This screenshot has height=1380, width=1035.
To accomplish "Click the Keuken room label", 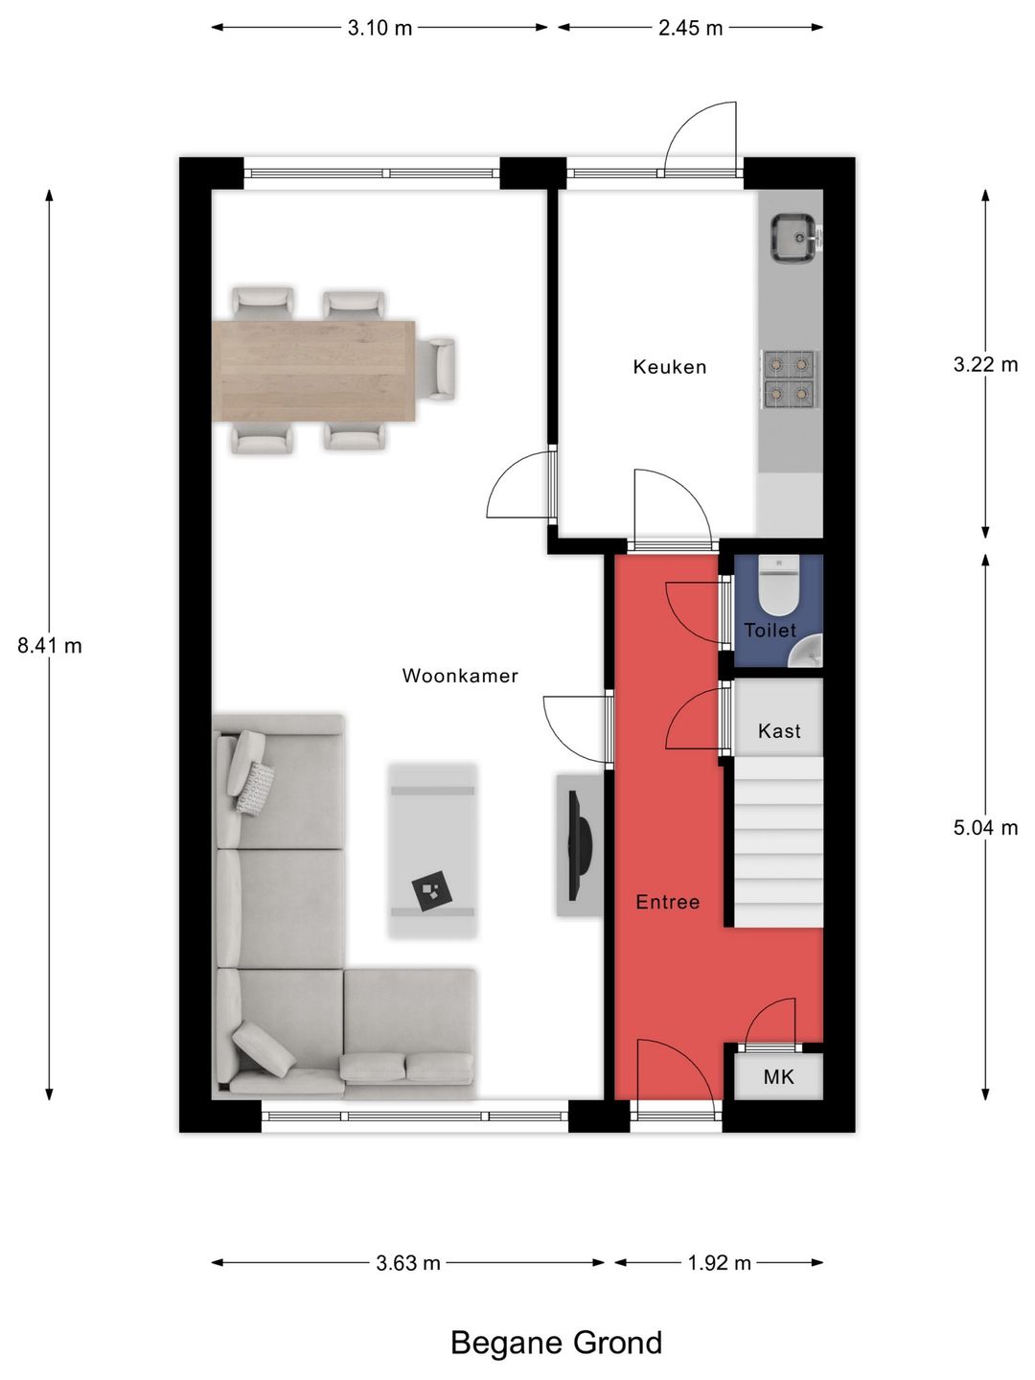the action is (669, 366).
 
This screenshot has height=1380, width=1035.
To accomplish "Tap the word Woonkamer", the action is (460, 676).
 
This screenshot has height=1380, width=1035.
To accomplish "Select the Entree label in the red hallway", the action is (667, 902).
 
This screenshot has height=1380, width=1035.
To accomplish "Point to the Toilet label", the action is (770, 630).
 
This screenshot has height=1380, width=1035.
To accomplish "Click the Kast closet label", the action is (779, 730).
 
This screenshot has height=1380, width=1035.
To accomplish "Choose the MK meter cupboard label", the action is (778, 1077).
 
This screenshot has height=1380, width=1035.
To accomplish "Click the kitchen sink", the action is (796, 237).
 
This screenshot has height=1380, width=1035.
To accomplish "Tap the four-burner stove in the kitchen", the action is (790, 379).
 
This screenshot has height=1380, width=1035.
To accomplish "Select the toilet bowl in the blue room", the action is (778, 586).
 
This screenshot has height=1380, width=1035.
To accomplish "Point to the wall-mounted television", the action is (580, 845).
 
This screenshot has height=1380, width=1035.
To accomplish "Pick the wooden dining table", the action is (313, 371).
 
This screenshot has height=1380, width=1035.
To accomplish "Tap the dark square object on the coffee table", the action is (432, 890).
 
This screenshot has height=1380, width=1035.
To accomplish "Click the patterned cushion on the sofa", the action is (255, 789).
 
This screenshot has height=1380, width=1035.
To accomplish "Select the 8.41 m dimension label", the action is (50, 646).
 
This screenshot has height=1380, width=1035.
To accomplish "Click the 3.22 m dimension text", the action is (985, 365).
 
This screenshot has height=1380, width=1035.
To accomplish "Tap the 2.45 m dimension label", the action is (691, 28).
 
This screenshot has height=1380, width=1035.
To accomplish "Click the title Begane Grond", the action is (557, 1343).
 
